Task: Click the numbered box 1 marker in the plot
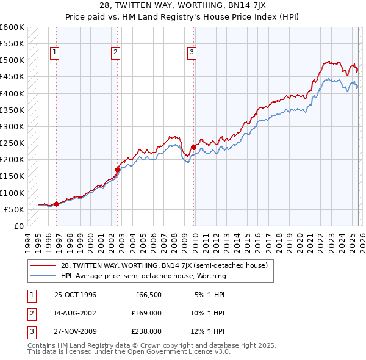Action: click(x=55, y=53)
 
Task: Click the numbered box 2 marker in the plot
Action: click(x=115, y=53)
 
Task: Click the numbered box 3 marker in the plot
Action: click(x=192, y=53)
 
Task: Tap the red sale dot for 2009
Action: click(x=194, y=147)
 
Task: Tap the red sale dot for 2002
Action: click(x=118, y=170)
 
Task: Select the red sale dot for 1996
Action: click(x=57, y=204)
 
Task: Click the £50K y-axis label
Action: click(x=14, y=209)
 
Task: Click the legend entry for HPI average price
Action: click(x=143, y=276)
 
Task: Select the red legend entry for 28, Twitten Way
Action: click(x=165, y=265)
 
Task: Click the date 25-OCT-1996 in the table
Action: click(x=75, y=295)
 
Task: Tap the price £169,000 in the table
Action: click(x=146, y=313)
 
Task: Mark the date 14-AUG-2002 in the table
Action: click(x=75, y=313)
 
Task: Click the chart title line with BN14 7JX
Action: click(x=182, y=7)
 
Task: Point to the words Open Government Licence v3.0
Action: click(x=180, y=352)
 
